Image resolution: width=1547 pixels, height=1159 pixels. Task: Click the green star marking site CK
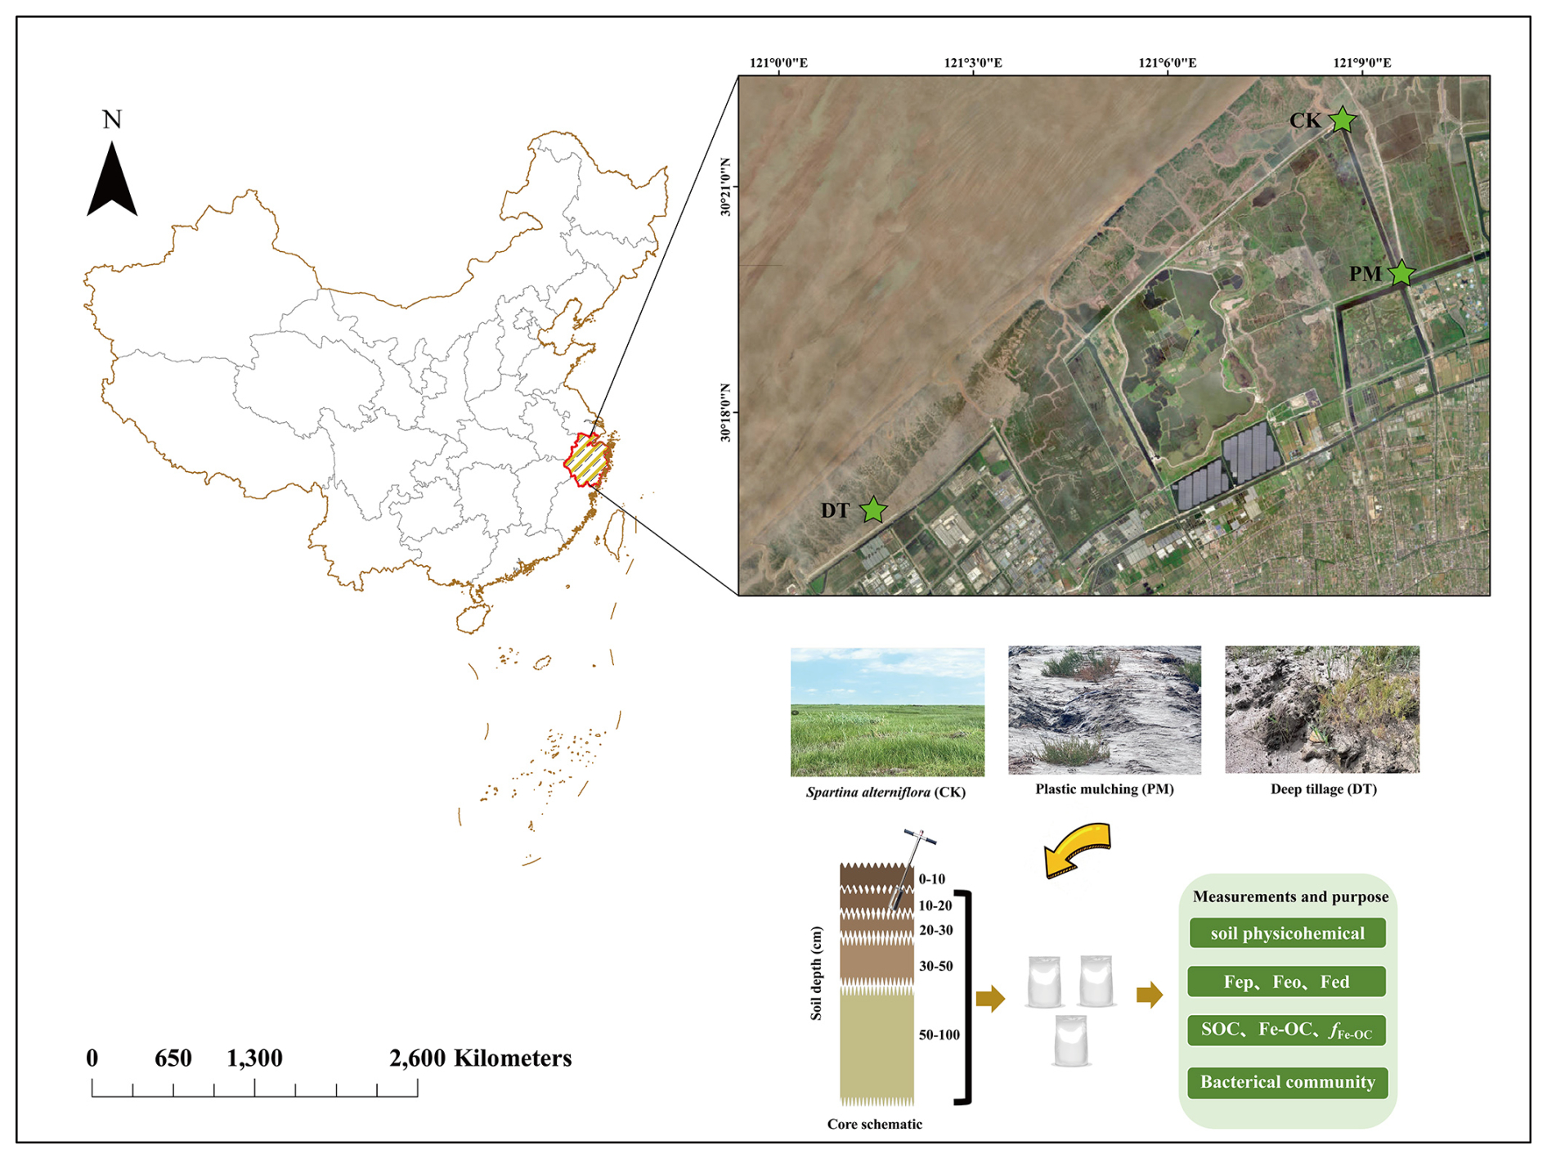pyautogui.click(x=1342, y=120)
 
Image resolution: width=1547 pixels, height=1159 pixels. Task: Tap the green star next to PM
pyautogui.click(x=1401, y=273)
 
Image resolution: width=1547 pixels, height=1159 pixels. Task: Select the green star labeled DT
pyautogui.click(x=873, y=510)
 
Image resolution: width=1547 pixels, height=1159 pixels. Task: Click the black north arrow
pyautogui.click(x=112, y=179)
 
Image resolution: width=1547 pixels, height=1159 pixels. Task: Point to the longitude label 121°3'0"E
pyautogui.click(x=973, y=63)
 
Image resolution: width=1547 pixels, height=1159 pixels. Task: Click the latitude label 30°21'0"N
pyautogui.click(x=725, y=186)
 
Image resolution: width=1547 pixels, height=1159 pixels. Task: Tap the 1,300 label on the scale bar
pyautogui.click(x=254, y=1058)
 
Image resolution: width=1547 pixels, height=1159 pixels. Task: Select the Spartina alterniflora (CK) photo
pyautogui.click(x=887, y=712)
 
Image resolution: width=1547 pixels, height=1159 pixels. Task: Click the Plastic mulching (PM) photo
pyautogui.click(x=1105, y=710)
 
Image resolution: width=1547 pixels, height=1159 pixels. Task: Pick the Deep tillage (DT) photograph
pyautogui.click(x=1322, y=709)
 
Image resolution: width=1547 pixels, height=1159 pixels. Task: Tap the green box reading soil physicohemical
pyautogui.click(x=1287, y=933)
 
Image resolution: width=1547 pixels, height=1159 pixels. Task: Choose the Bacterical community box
pyautogui.click(x=1288, y=1082)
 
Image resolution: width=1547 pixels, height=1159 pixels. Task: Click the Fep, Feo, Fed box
pyautogui.click(x=1286, y=982)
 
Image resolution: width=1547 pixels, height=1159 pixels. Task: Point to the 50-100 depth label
pyautogui.click(x=939, y=1035)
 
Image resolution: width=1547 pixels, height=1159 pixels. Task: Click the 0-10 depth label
pyautogui.click(x=931, y=879)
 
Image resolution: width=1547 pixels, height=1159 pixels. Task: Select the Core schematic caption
pyautogui.click(x=874, y=1124)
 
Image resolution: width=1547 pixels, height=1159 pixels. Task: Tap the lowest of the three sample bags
pyautogui.click(x=1070, y=1041)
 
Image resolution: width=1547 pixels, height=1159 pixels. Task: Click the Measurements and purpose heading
pyautogui.click(x=1290, y=896)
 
